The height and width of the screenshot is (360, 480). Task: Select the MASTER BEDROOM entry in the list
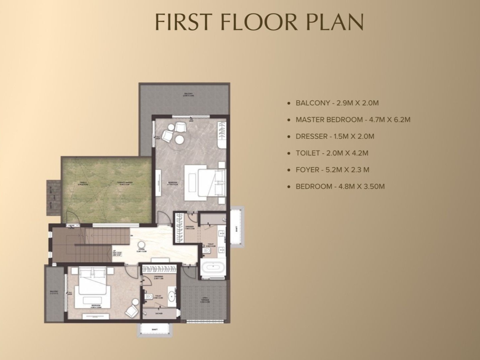[353, 120]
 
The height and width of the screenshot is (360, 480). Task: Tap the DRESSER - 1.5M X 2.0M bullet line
[335, 136]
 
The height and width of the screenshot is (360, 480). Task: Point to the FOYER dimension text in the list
[332, 170]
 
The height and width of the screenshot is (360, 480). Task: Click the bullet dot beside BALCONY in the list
[289, 103]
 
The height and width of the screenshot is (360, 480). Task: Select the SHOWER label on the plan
[159, 314]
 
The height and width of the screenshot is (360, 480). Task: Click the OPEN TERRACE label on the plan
[205, 300]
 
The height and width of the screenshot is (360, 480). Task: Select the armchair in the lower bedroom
[131, 312]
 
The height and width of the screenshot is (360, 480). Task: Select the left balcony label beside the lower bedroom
[54, 292]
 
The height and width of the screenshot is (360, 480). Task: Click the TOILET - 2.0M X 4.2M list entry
[332, 153]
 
